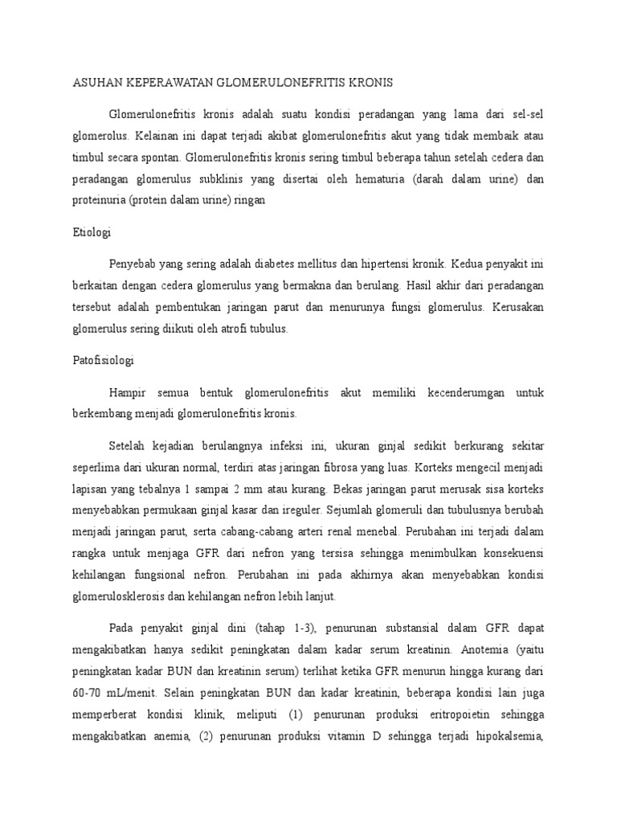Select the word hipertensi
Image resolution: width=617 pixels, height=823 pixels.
pos(386,264)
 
